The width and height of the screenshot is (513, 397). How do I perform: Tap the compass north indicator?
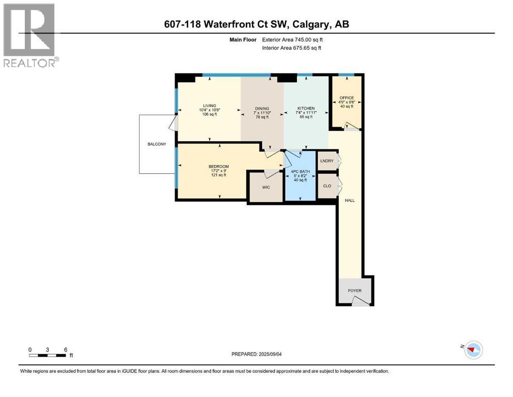click(473, 349)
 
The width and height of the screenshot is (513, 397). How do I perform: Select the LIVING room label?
click(209, 106)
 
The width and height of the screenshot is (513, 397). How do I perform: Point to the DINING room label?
click(262, 109)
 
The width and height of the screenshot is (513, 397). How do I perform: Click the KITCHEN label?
click(306, 109)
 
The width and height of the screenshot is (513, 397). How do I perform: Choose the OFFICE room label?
click(347, 98)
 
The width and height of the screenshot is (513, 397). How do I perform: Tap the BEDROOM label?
click(219, 166)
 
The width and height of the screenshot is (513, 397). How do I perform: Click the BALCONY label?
click(157, 144)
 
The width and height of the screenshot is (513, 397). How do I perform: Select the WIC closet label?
click(266, 187)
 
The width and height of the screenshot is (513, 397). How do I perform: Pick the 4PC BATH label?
click(300, 172)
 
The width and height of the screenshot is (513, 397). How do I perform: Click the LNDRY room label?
click(327, 161)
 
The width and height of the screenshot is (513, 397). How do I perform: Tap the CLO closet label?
click(327, 186)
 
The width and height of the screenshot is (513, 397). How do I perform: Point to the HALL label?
click(350, 200)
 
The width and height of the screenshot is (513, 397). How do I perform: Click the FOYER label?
click(354, 291)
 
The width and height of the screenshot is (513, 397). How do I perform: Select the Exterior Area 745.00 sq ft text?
click(292, 40)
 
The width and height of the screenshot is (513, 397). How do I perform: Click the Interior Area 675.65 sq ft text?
click(291, 48)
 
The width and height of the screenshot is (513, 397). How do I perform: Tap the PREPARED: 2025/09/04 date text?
click(256, 354)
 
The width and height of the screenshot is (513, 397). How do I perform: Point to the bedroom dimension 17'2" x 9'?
click(219, 171)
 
